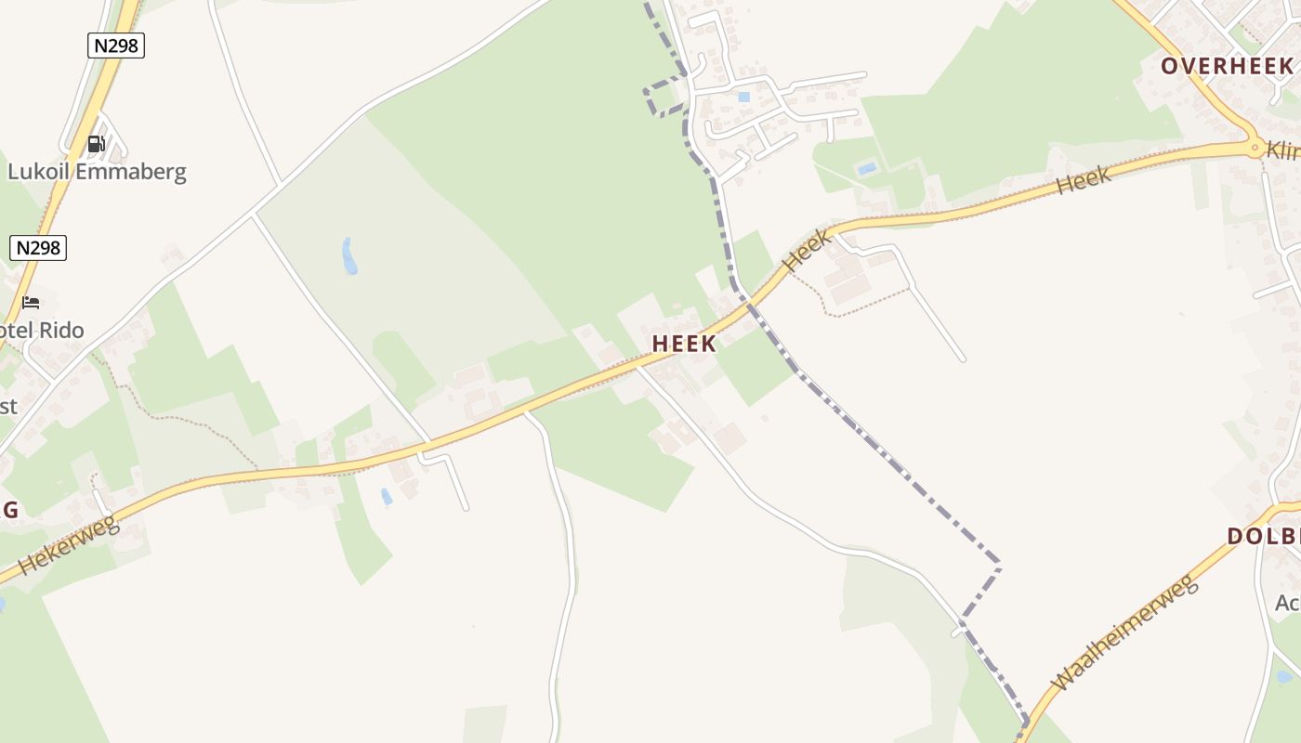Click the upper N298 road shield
coord(116,46)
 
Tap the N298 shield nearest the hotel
coord(38,248)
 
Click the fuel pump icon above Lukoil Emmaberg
coord(96,144)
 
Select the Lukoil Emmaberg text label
coord(97,172)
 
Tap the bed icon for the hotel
coord(31,303)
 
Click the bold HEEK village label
coord(684,344)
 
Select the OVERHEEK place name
coord(1227,66)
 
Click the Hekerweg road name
coord(69,546)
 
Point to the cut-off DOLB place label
coord(1263,536)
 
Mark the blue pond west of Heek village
coord(348,256)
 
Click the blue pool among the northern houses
coord(743,97)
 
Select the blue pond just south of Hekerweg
coord(387,497)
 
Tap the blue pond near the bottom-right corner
coord(1284,677)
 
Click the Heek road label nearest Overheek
coord(1084,180)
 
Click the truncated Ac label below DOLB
coord(1288,603)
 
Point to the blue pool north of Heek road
coord(866,169)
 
